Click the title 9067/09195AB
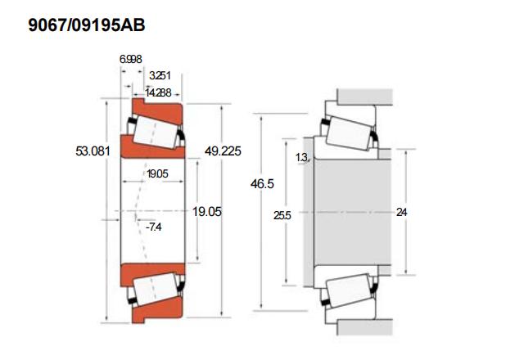[x=87, y=25]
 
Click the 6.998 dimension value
[x=131, y=59]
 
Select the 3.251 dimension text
[x=160, y=75]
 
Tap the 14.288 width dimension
[x=158, y=92]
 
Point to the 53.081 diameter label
[x=93, y=151]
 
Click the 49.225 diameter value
[x=223, y=151]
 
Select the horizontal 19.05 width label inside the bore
[x=157, y=173]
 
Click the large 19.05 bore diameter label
[x=207, y=211]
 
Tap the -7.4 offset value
[x=153, y=227]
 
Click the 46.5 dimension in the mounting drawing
[x=262, y=183]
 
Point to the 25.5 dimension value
[x=282, y=215]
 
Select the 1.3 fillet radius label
[x=301, y=157]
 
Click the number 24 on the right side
[x=402, y=212]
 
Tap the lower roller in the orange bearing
[x=156, y=290]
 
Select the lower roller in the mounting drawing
[x=349, y=290]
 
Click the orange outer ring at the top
[x=158, y=110]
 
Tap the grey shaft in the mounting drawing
[x=353, y=212]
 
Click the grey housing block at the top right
[x=364, y=97]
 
